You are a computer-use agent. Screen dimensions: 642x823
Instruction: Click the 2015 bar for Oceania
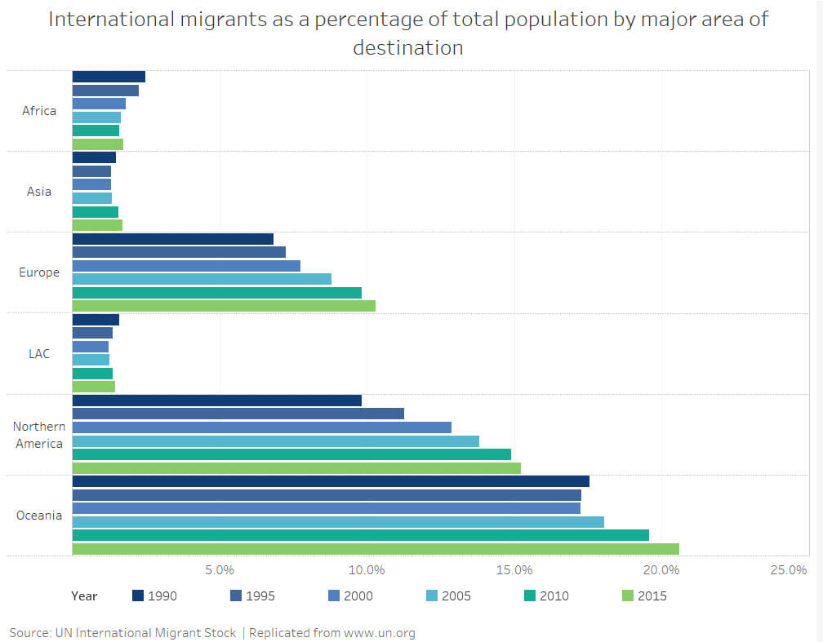[376, 549]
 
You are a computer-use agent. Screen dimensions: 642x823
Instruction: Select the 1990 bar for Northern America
[217, 401]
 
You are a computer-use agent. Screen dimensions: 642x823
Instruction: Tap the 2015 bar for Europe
[224, 306]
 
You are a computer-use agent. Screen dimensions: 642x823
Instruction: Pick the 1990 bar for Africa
[109, 77]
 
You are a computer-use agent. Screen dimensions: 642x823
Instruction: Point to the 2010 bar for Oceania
[361, 535]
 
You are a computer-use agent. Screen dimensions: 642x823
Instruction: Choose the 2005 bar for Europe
[202, 279]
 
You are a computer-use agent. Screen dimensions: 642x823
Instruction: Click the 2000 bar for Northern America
[262, 427]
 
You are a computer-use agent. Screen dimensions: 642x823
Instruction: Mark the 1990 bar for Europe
[173, 239]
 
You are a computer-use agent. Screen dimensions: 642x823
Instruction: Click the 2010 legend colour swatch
[530, 596]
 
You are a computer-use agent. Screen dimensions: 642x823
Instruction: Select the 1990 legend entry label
[162, 596]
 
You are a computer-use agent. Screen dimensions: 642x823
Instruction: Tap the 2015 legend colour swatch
[628, 596]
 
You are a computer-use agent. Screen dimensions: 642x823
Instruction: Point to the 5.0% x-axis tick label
[220, 569]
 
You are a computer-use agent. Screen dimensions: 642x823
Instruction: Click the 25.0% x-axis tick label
[790, 569]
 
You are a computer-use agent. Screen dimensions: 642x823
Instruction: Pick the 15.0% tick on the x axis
[516, 569]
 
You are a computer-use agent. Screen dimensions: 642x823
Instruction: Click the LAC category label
[39, 353]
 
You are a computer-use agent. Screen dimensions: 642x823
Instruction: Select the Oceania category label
[39, 516]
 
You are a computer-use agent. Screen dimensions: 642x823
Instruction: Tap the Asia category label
[39, 192]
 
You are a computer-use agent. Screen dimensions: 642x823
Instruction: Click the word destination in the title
[408, 47]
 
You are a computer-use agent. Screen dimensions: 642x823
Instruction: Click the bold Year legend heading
[84, 596]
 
